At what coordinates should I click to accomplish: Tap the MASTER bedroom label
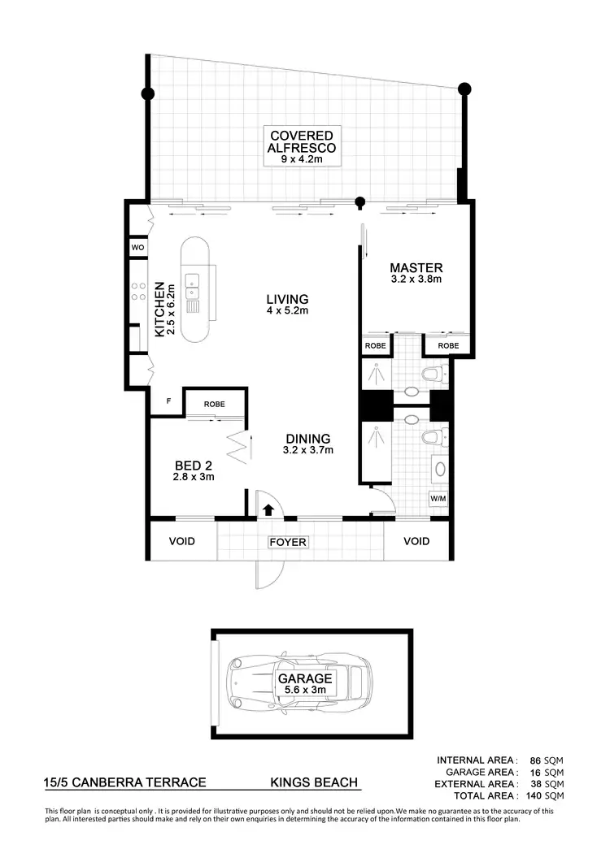[x=416, y=268]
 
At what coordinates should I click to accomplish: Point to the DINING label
[x=307, y=438]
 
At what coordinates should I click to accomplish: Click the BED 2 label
[x=194, y=466]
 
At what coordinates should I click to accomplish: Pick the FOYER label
[x=288, y=542]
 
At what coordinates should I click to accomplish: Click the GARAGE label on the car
[x=305, y=678]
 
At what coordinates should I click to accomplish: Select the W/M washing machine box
[x=438, y=497]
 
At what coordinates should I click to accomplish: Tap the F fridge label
[x=168, y=401]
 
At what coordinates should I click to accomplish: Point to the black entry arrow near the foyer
[x=268, y=510]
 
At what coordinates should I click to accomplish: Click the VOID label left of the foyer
[x=182, y=541]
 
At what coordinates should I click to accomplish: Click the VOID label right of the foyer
[x=416, y=541]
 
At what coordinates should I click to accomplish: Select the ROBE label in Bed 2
[x=215, y=404]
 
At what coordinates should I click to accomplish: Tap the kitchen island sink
[x=193, y=286]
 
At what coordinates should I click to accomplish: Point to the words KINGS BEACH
[x=314, y=783]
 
